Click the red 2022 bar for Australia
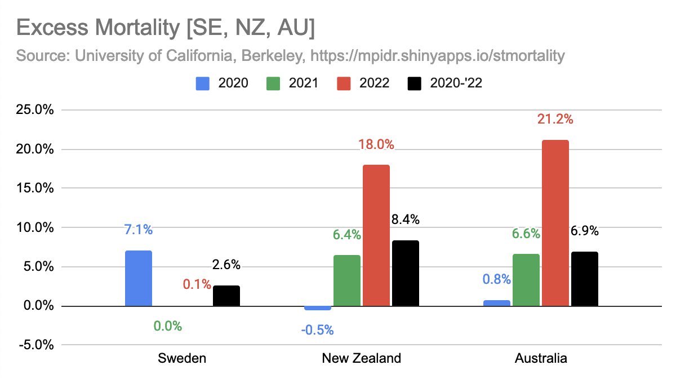point(555,223)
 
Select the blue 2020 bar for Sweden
point(138,278)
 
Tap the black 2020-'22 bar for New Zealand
point(406,273)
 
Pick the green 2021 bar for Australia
point(526,280)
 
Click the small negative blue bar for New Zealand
point(318,308)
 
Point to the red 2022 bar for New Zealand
point(376,235)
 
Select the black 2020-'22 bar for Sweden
point(226,296)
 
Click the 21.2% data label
point(555,119)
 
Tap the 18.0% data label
point(376,144)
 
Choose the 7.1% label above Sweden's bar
point(138,230)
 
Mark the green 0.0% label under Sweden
point(168,326)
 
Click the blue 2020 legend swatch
point(203,83)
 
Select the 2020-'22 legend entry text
point(456,83)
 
